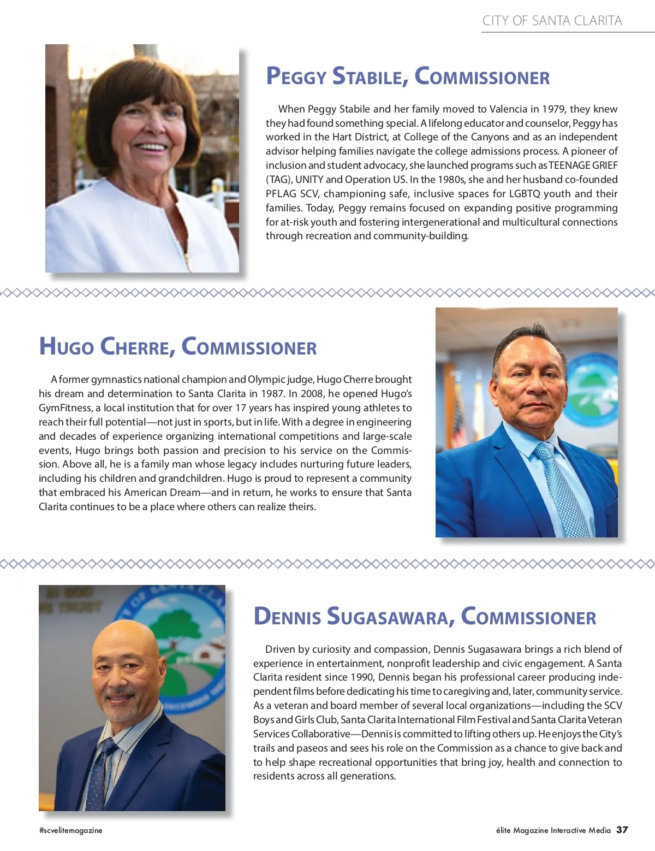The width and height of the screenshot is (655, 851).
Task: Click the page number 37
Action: (622, 830)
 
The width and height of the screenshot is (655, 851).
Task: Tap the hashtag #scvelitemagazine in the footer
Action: (70, 830)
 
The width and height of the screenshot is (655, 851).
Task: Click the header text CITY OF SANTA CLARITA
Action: (552, 21)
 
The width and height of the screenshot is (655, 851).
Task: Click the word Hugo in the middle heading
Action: (66, 347)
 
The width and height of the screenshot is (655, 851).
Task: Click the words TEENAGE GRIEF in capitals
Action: (583, 166)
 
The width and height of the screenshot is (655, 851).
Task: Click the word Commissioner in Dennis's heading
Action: (528, 617)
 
